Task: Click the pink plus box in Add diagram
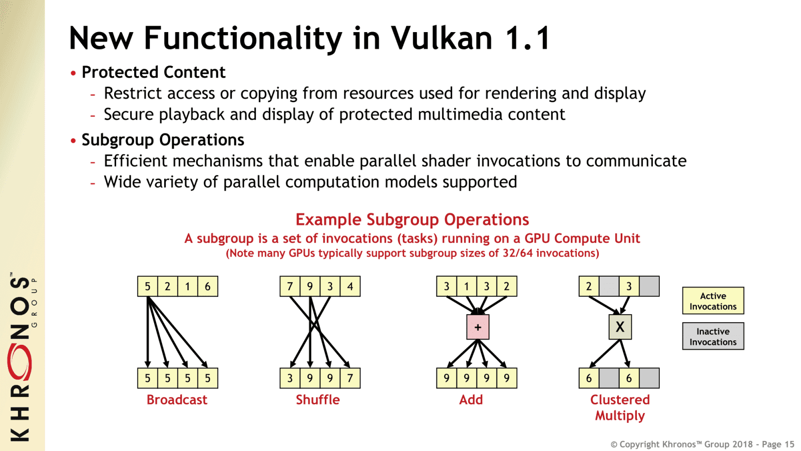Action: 478,327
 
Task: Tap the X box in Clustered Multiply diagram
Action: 620,327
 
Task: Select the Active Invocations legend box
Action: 713,301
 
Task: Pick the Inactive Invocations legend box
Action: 713,336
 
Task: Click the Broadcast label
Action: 177,400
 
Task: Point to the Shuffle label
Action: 317,400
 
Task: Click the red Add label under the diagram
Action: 471,400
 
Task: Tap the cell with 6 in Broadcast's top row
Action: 208,287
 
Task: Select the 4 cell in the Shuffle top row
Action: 350,287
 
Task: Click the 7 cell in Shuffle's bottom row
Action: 350,378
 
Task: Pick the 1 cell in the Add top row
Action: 467,287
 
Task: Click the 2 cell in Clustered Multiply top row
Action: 589,287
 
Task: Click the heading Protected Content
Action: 153,72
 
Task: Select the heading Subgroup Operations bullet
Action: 163,140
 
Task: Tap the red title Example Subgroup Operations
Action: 412,219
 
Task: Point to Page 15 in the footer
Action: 778,444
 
